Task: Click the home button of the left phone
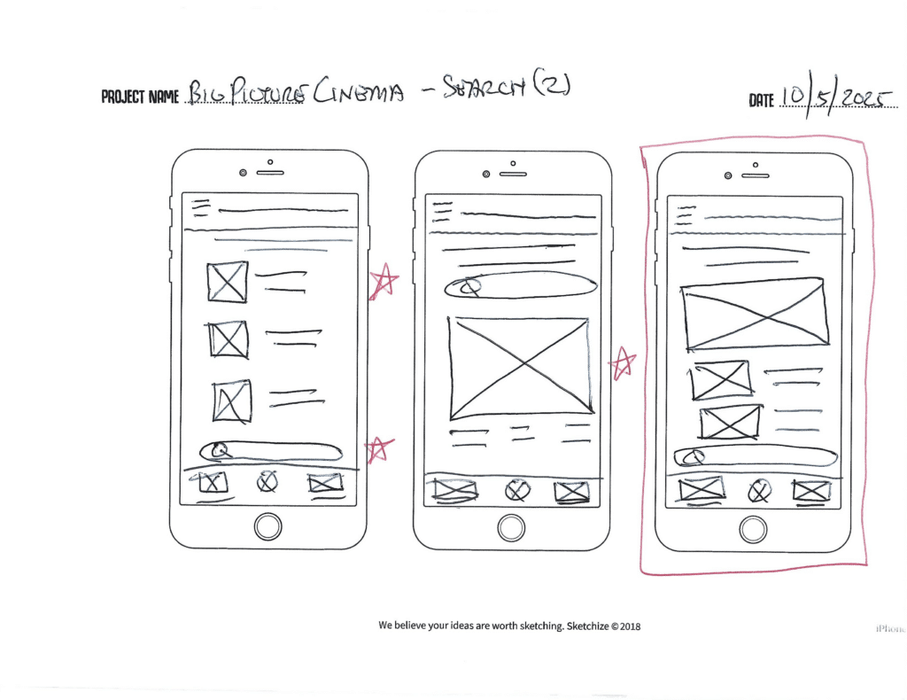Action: click(267, 526)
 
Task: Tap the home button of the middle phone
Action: click(511, 528)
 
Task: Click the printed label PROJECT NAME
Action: click(140, 96)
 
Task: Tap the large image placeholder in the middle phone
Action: click(520, 367)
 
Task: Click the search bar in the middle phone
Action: click(521, 285)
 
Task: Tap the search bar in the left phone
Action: click(271, 450)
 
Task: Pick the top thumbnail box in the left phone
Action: click(228, 282)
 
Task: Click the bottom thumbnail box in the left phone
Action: click(231, 401)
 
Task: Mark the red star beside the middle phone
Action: click(623, 362)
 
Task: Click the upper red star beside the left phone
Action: click(384, 282)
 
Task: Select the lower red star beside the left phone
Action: click(380, 448)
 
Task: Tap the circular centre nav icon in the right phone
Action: click(759, 491)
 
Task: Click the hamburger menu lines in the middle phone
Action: click(442, 212)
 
